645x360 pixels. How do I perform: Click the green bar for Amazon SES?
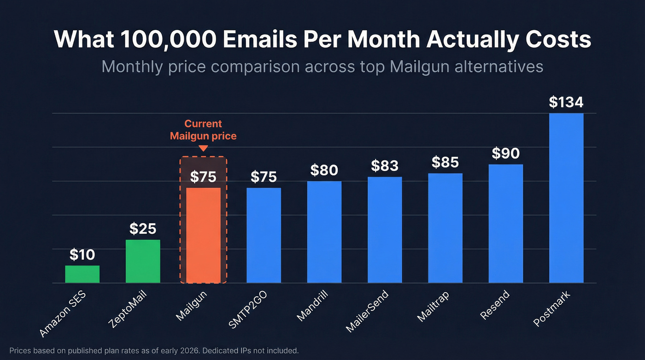pyautogui.click(x=82, y=274)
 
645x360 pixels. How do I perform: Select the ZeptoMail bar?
pyautogui.click(x=143, y=261)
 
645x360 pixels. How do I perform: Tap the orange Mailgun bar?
pyautogui.click(x=203, y=236)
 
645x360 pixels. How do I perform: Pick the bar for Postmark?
pyautogui.click(x=566, y=198)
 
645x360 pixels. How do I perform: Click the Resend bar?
pyautogui.click(x=506, y=224)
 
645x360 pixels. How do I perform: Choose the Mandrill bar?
pyautogui.click(x=324, y=232)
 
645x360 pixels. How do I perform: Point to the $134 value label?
pyautogui.click(x=566, y=102)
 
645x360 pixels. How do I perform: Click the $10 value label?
pyautogui.click(x=82, y=254)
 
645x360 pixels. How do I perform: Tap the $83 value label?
pyautogui.click(x=385, y=165)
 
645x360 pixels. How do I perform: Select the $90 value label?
pyautogui.click(x=506, y=153)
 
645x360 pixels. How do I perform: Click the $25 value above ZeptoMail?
pyautogui.click(x=143, y=229)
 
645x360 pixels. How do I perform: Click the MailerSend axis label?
pyautogui.click(x=368, y=311)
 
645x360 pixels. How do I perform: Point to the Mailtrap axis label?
pyautogui.click(x=433, y=307)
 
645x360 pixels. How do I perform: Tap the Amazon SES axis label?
pyautogui.click(x=63, y=313)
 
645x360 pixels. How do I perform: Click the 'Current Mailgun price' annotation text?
pyautogui.click(x=203, y=130)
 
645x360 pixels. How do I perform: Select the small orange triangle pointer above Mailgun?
pyautogui.click(x=203, y=148)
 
